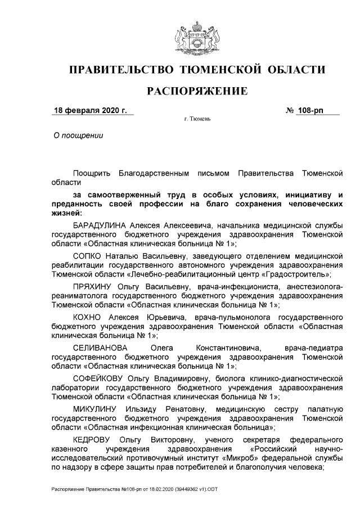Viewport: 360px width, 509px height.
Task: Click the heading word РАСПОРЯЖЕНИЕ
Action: pyautogui.click(x=197, y=91)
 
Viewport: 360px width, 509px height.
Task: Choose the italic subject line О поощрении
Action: pyautogui.click(x=78, y=136)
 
